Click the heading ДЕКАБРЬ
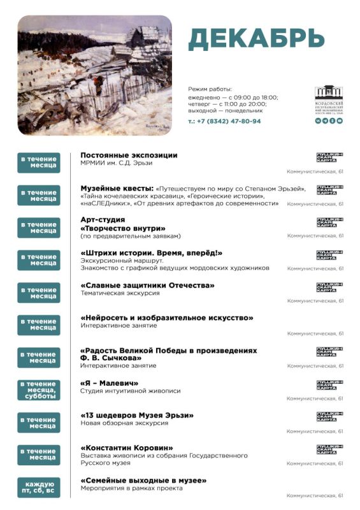coord(256,40)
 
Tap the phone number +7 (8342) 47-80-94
coord(224,121)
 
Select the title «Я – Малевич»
coord(110,383)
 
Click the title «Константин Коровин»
coord(127,448)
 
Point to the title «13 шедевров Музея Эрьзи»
coord(137,416)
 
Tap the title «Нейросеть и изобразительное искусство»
coord(167,317)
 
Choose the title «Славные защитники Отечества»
coord(147,285)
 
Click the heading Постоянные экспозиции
coord(129,155)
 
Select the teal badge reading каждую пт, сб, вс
coord(39,488)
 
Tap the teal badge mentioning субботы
coord(39,390)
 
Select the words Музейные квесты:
coord(117,189)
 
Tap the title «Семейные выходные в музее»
coord(143,481)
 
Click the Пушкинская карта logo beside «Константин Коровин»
coord(330,449)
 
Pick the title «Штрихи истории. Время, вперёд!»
coord(151,253)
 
